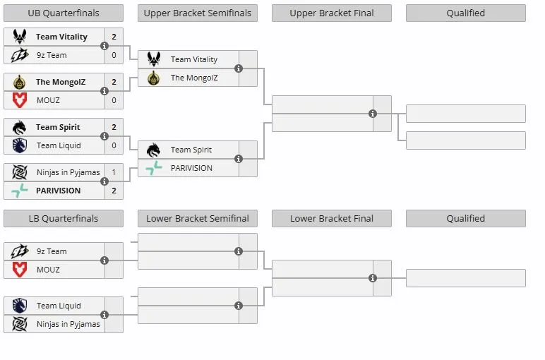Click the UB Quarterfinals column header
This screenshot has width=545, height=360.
click(64, 13)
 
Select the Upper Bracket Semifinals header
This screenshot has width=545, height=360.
click(198, 13)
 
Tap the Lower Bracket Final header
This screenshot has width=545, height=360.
click(332, 219)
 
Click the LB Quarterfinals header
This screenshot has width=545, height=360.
click(64, 219)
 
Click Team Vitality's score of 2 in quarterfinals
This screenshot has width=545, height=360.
click(114, 37)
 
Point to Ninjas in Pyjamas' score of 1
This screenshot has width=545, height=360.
click(114, 172)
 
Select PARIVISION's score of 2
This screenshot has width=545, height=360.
click(114, 191)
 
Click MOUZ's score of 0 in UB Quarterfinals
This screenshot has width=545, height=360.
click(114, 100)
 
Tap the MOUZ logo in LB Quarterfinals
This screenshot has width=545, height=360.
click(20, 270)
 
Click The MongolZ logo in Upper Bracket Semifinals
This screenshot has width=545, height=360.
click(154, 78)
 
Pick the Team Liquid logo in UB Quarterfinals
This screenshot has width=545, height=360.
click(20, 145)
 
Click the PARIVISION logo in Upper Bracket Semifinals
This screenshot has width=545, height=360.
click(154, 168)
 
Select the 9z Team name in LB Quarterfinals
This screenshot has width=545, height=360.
click(52, 251)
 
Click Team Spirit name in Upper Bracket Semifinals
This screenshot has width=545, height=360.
click(191, 150)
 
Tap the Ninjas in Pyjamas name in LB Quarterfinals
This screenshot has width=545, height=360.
click(68, 324)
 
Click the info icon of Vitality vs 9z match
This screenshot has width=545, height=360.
click(104, 46)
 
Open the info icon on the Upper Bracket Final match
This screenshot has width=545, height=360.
click(373, 114)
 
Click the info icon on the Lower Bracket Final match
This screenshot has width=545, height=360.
click(373, 278)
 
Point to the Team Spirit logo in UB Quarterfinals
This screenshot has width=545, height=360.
click(20, 127)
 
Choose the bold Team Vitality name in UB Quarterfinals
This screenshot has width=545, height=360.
click(62, 37)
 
